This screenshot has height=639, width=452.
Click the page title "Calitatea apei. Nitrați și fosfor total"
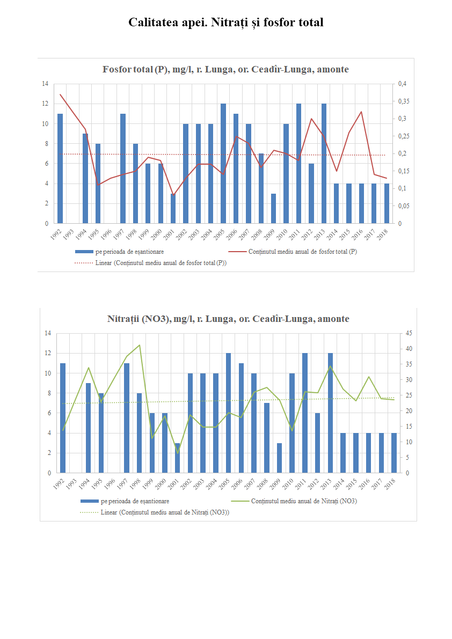pyautogui.click(x=225, y=23)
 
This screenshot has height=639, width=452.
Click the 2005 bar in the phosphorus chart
pyautogui.click(x=223, y=163)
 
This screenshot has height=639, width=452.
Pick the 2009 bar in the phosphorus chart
pyautogui.click(x=274, y=208)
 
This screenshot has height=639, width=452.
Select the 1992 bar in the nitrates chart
pyautogui.click(x=63, y=418)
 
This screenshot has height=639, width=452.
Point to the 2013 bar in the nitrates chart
pyautogui.click(x=331, y=413)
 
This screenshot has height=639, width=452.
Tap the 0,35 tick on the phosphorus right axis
pyautogui.click(x=403, y=101)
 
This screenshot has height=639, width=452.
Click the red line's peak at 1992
pyautogui.click(x=60, y=94)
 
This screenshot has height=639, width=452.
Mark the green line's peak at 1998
pyautogui.click(x=140, y=345)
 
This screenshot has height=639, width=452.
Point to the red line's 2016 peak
pyautogui.click(x=361, y=112)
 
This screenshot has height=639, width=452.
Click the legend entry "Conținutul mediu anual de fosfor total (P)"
pyautogui.click(x=303, y=252)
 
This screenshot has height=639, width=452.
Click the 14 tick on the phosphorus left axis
pyautogui.click(x=45, y=84)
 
